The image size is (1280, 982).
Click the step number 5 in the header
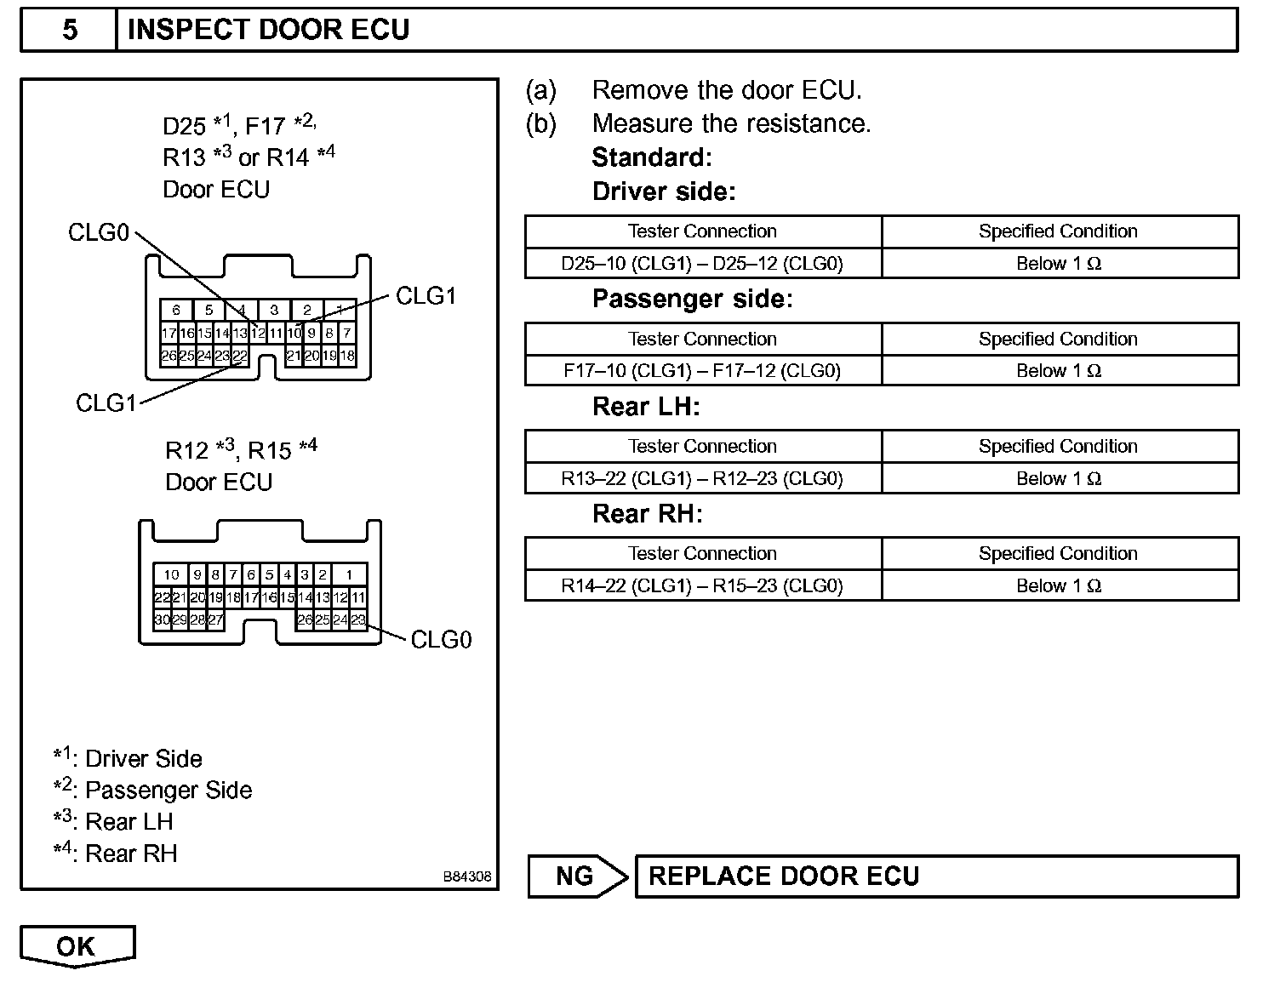point(70,31)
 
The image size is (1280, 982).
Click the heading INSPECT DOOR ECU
point(268,31)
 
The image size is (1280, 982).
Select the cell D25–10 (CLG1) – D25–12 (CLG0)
point(702,264)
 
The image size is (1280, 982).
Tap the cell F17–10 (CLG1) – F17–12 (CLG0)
point(702,371)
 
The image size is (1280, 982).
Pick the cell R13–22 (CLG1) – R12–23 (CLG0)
point(702,478)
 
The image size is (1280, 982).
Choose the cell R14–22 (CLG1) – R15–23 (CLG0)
point(702,585)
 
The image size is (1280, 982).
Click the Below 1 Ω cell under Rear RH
point(1059,585)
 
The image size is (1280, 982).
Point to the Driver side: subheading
point(664,191)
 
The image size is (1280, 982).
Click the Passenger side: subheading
point(692,299)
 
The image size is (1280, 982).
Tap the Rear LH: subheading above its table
point(645,407)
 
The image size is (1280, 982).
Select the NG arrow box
point(576,876)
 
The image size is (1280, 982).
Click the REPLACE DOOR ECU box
point(936,876)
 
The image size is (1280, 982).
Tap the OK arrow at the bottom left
point(77,947)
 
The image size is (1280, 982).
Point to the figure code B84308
point(466,876)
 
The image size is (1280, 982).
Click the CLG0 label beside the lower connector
point(441,640)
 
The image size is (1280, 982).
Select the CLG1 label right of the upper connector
point(426,296)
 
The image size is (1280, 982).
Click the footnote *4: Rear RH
point(116,853)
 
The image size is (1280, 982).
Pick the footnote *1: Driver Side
point(128,758)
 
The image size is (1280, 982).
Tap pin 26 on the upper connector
point(169,356)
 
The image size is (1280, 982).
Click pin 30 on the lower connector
point(161,619)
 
